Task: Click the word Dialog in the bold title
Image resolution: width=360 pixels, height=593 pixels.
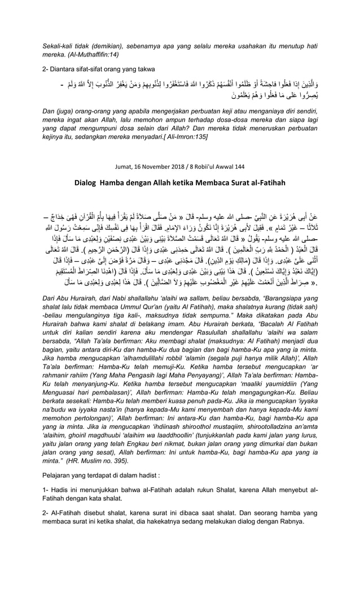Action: [93, 183]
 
